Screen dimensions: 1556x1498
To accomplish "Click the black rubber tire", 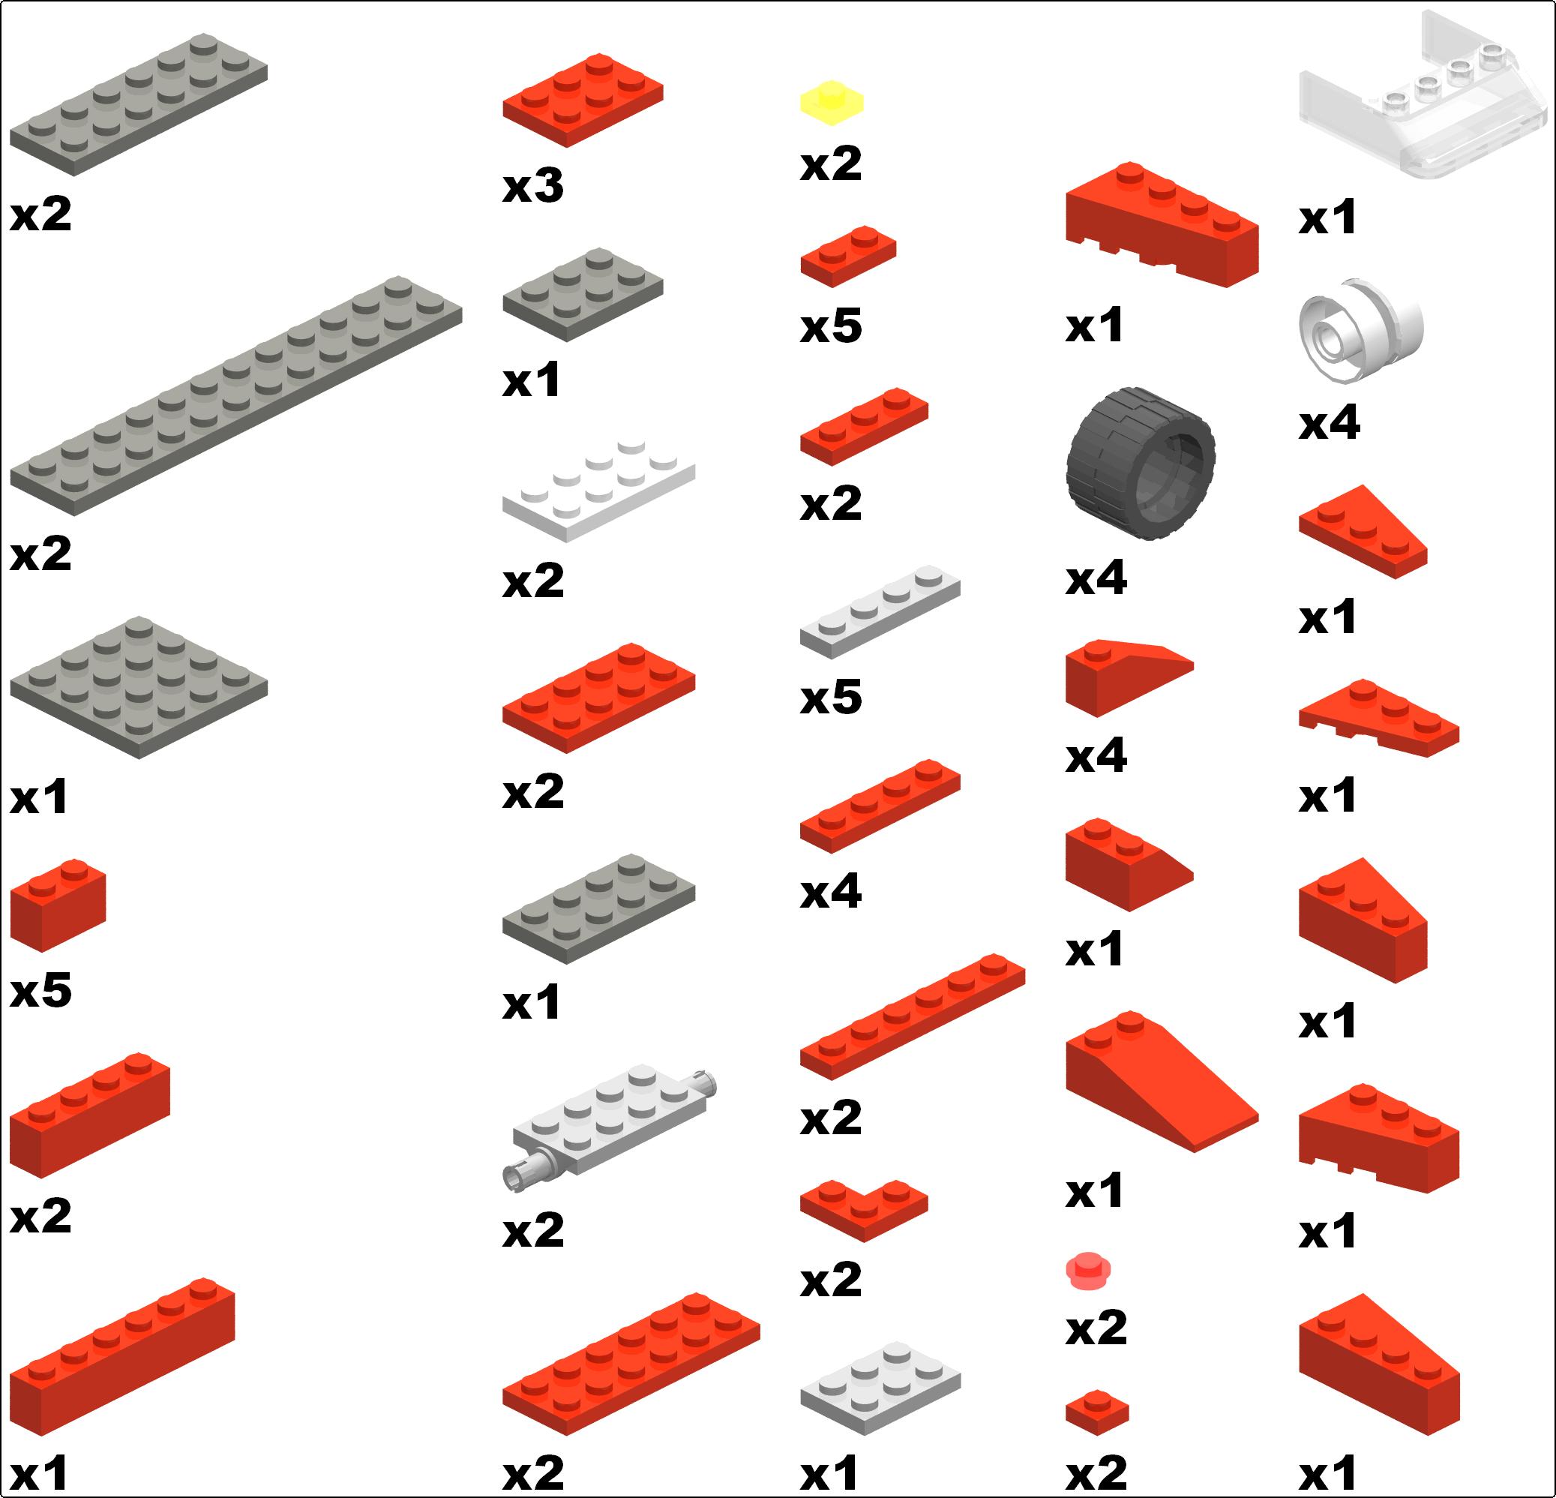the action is pyautogui.click(x=1140, y=463).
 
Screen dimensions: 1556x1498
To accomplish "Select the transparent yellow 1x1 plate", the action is pyautogui.click(x=831, y=103).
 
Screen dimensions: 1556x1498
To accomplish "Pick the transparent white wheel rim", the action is pyautogui.click(x=1361, y=329).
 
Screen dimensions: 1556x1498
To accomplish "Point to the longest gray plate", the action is pyautogui.click(x=235, y=395).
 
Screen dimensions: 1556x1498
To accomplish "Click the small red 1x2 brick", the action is pyautogui.click(x=58, y=905).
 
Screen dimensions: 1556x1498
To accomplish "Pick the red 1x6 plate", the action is pyautogui.click(x=912, y=1016).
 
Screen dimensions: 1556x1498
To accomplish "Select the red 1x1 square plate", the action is pyautogui.click(x=1097, y=1412).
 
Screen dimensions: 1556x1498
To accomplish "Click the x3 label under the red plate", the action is pyautogui.click(x=532, y=186).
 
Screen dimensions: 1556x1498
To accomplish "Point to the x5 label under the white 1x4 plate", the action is pyautogui.click(x=830, y=697).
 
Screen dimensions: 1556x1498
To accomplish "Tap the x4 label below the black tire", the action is pyautogui.click(x=1096, y=578).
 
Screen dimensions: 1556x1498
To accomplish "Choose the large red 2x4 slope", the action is pyautogui.click(x=1162, y=1081).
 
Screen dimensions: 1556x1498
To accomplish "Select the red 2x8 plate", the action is pyautogui.click(x=631, y=1364).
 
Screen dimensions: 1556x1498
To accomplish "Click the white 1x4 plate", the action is pyautogui.click(x=880, y=611).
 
